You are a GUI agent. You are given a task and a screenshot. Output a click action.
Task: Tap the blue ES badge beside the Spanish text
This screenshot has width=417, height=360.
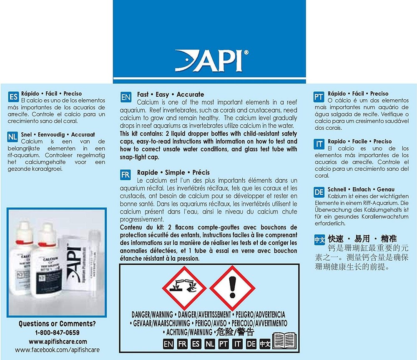pos(13,97)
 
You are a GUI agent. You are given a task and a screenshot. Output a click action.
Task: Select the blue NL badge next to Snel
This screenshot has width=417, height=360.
pos(13,137)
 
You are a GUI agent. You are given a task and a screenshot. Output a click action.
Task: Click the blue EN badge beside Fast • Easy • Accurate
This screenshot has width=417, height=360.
pos(126,98)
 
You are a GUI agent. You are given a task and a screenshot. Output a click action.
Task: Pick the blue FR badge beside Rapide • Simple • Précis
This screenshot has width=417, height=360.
pos(126,175)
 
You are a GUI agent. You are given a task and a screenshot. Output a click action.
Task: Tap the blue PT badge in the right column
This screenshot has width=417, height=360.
pos(319,97)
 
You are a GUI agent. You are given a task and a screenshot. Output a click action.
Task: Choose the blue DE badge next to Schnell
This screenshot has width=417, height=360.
pos(319,192)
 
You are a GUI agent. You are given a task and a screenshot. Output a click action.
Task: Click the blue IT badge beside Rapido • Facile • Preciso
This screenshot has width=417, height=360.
pos(319,145)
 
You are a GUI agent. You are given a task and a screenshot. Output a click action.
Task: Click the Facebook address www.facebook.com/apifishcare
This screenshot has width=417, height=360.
pos(58,350)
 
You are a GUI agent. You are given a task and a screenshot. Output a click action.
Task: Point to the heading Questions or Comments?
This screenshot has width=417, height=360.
pos(57,324)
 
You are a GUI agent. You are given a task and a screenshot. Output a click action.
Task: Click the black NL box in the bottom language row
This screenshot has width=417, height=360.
pos(210,344)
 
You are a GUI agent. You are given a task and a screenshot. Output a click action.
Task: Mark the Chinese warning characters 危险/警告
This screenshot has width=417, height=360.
pos(235,332)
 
